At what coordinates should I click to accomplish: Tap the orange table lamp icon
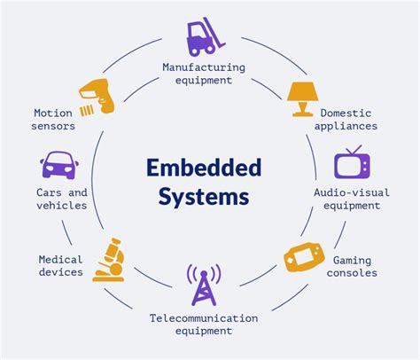[x=302, y=98]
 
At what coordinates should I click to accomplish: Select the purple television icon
[x=351, y=164]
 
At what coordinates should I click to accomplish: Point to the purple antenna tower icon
[x=203, y=286]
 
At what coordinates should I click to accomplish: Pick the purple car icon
[x=58, y=166]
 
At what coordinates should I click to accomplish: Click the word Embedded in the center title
[x=204, y=167]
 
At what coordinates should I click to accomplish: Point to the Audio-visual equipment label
[x=352, y=199]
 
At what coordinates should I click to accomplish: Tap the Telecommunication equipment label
[x=203, y=324]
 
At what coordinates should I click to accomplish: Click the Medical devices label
[x=61, y=266]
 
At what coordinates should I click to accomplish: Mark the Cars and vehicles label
[x=61, y=199]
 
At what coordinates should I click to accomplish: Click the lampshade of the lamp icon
[x=302, y=92]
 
